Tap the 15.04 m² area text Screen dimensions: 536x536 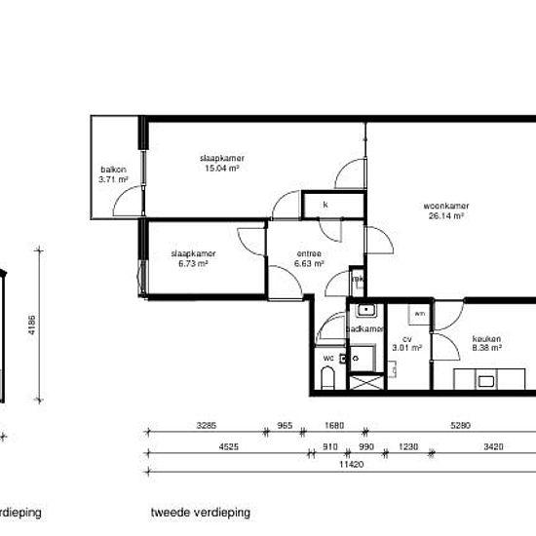221,168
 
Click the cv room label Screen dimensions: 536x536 406,338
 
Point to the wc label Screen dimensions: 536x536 327,358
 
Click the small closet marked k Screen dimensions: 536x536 325,206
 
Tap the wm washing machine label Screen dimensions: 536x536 419,314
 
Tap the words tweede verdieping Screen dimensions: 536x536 201,511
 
